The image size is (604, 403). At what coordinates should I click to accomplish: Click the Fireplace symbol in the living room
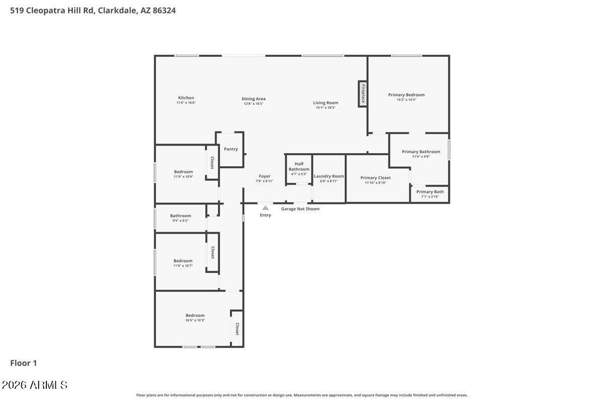362,94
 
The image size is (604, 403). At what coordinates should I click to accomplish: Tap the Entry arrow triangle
265,208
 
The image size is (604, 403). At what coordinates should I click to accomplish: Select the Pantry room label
231,149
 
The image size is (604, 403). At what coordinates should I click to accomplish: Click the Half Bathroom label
299,166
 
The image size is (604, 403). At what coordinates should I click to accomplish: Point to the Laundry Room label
329,176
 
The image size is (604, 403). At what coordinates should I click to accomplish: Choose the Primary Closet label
375,178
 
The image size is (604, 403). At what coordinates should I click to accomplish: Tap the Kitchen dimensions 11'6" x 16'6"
186,103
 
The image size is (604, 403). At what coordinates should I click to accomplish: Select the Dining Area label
253,99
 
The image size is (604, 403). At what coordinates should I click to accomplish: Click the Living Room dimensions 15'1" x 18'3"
326,108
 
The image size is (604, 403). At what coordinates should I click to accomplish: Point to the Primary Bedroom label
406,95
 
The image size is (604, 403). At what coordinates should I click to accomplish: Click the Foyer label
264,176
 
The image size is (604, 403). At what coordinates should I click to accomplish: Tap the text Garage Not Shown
300,209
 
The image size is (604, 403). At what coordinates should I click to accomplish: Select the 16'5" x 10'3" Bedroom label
195,315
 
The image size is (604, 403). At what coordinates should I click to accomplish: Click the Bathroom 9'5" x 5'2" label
180,216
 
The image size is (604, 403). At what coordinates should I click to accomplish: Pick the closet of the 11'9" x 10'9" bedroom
212,162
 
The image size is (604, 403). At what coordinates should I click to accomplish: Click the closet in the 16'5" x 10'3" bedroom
237,329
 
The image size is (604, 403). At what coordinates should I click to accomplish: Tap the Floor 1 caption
24,363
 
